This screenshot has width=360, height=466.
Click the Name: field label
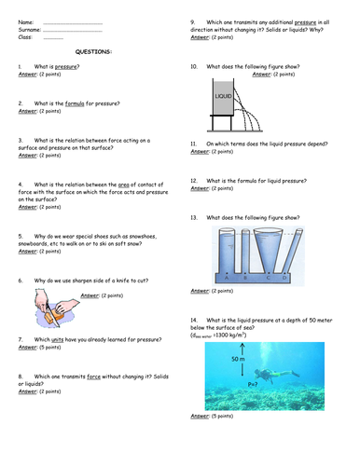[x=25, y=21]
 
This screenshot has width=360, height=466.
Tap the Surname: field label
[x=29, y=30]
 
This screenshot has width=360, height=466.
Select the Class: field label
[x=25, y=37]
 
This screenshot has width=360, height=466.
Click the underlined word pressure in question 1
[x=67, y=68]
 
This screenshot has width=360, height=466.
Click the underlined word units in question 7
[x=54, y=339]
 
